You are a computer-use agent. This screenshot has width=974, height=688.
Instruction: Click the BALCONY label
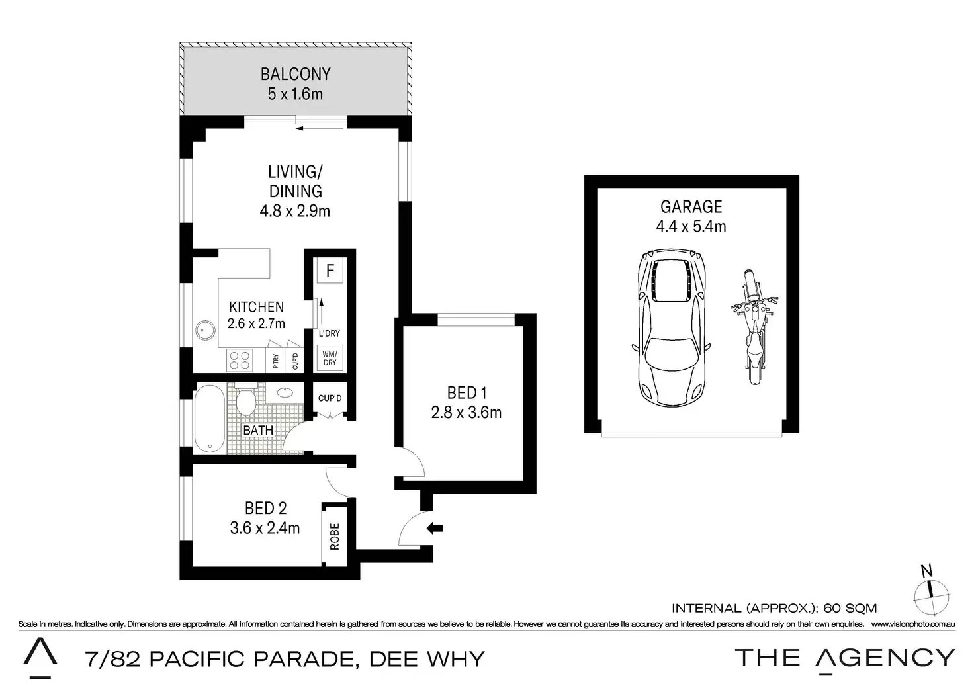[295, 74]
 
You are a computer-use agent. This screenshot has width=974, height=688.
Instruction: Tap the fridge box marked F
[330, 271]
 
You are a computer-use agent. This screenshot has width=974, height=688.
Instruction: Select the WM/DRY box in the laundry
[330, 358]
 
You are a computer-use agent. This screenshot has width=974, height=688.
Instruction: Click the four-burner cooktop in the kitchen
[240, 361]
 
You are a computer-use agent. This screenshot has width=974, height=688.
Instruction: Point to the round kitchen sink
[205, 330]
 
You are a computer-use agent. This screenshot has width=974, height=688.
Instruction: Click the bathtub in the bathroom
[210, 419]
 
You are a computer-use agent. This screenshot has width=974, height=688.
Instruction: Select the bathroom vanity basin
[285, 393]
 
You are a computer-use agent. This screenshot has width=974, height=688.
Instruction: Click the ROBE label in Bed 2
[334, 537]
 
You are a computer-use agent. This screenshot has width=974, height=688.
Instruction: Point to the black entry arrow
[435, 528]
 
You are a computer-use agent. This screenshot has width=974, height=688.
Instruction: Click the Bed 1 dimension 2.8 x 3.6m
[466, 412]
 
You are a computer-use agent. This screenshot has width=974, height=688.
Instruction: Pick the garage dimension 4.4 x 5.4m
[691, 226]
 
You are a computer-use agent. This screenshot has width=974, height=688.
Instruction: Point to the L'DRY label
[329, 333]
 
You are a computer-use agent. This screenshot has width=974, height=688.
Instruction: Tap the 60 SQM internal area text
[850, 608]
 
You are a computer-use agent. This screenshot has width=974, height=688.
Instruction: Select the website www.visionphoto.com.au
[913, 624]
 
